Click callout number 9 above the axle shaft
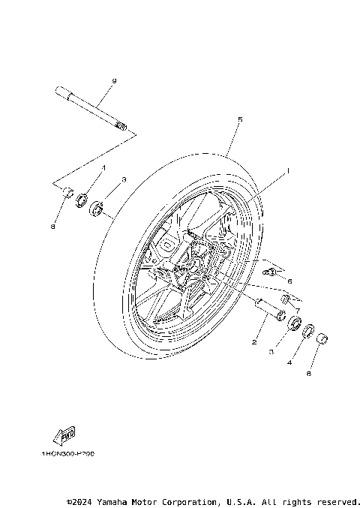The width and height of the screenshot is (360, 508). pyautogui.click(x=114, y=80)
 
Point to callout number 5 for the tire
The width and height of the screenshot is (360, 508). pyautogui.click(x=240, y=119)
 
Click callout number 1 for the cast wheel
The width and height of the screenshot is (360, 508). pyautogui.click(x=286, y=171)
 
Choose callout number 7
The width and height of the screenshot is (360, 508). pyautogui.click(x=298, y=310)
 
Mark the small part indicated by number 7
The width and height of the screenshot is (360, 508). pyautogui.click(x=284, y=302)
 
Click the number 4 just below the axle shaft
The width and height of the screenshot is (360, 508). pyautogui.click(x=103, y=168)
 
